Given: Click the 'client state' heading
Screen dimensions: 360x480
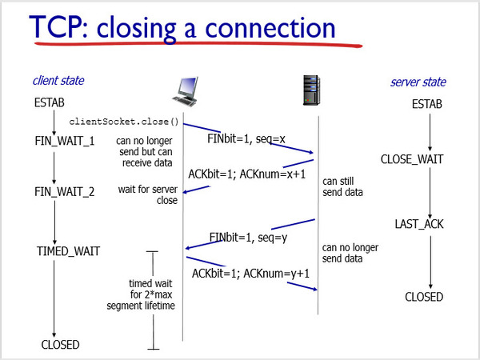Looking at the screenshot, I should tap(58, 81).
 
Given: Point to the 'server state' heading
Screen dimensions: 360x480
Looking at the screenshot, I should tap(418, 82).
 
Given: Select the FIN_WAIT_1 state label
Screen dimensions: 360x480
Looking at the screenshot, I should tap(64, 142).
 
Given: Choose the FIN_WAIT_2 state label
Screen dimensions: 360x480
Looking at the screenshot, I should tap(64, 192).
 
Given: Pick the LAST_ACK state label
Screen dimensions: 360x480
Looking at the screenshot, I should tap(418, 224).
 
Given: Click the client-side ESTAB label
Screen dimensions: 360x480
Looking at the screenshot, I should tap(50, 103).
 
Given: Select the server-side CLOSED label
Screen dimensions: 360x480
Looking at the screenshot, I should tap(424, 297).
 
